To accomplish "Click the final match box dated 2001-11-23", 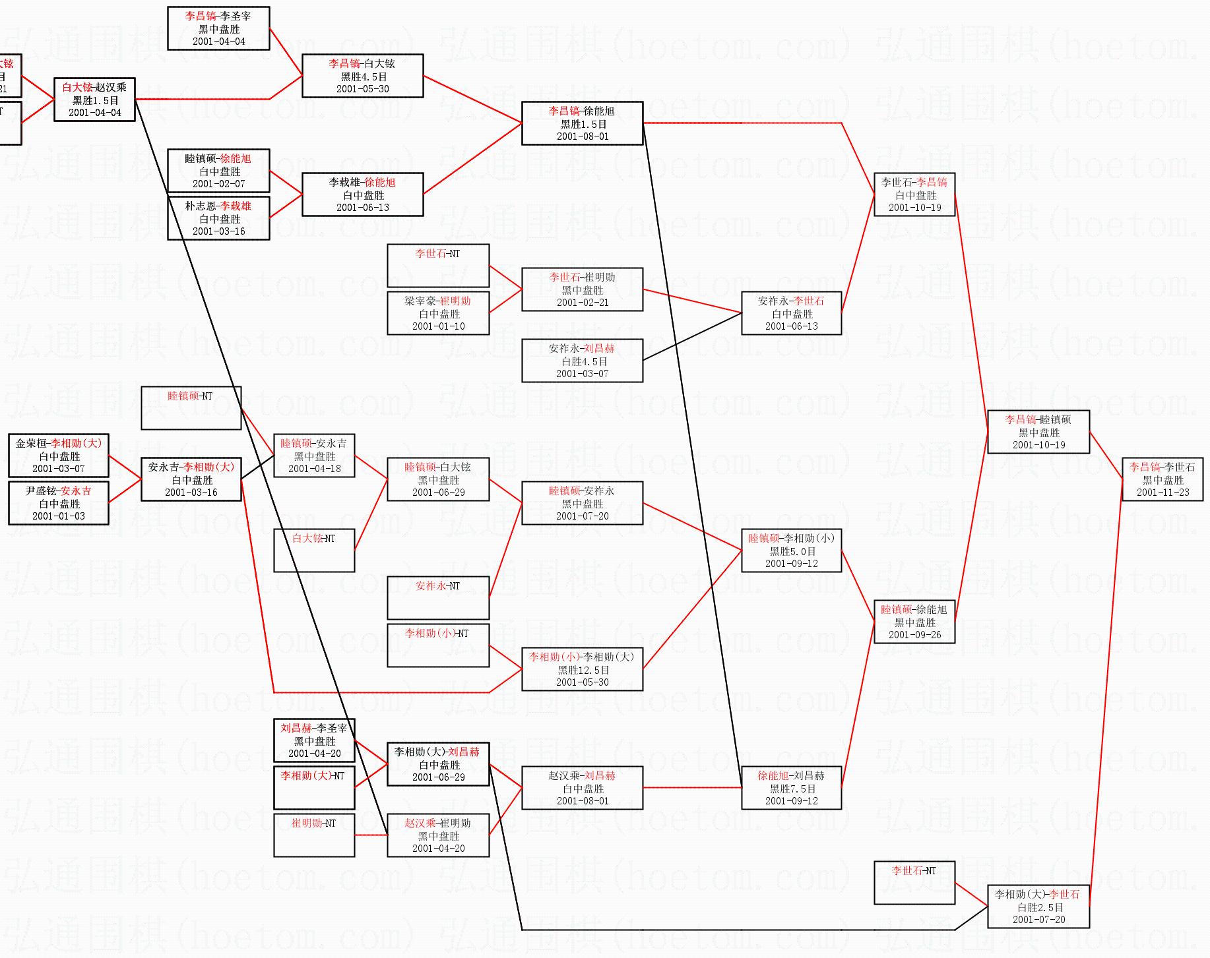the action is (x=1162, y=479).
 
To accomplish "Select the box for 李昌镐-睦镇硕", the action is (x=1038, y=432).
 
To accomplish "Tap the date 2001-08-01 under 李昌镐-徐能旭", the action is (x=582, y=136).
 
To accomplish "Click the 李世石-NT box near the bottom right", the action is (x=914, y=882).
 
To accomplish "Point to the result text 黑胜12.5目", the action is (x=582, y=670).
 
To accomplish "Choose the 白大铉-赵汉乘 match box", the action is (x=94, y=100).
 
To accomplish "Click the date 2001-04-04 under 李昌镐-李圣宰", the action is (x=218, y=42).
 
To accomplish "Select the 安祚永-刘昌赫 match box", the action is (x=582, y=361).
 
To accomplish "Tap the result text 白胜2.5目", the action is (x=1038, y=907).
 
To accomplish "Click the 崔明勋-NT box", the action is (x=314, y=835).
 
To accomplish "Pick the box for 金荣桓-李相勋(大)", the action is (x=59, y=456).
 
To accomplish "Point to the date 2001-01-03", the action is (x=59, y=516).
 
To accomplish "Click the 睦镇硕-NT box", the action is (x=191, y=408).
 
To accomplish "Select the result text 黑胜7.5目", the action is (x=792, y=789).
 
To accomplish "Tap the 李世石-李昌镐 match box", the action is (x=914, y=195).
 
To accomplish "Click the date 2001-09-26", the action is (x=914, y=635).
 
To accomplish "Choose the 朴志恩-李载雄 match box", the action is (x=218, y=218).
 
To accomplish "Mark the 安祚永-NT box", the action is (x=438, y=597).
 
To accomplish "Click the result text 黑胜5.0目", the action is (x=792, y=551).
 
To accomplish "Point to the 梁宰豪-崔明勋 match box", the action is (x=438, y=313).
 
